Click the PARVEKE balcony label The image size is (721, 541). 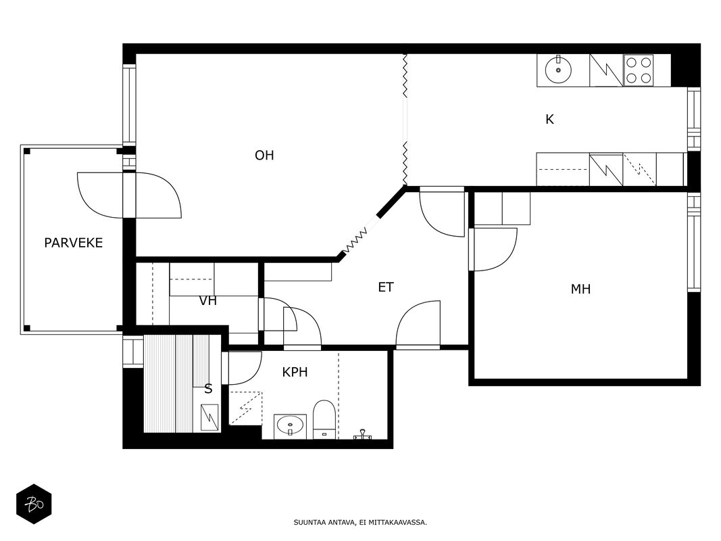coord(74,243)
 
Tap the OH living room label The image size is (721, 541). coord(264,156)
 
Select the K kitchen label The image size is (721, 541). coord(549,120)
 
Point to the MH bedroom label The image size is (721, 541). coord(580,289)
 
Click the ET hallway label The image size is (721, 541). coord(386,287)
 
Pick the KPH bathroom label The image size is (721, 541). coord(295,372)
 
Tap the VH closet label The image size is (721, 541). coord(208,302)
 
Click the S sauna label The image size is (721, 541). coord(208,390)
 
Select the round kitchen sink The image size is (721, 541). coord(558,70)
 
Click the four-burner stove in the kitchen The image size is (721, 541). coord(639,70)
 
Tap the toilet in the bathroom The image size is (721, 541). coord(324,419)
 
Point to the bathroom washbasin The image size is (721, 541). coord(290,427)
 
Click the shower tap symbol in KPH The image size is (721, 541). coord(362,435)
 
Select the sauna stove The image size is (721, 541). coord(210,418)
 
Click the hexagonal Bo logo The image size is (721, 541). coord(34,504)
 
